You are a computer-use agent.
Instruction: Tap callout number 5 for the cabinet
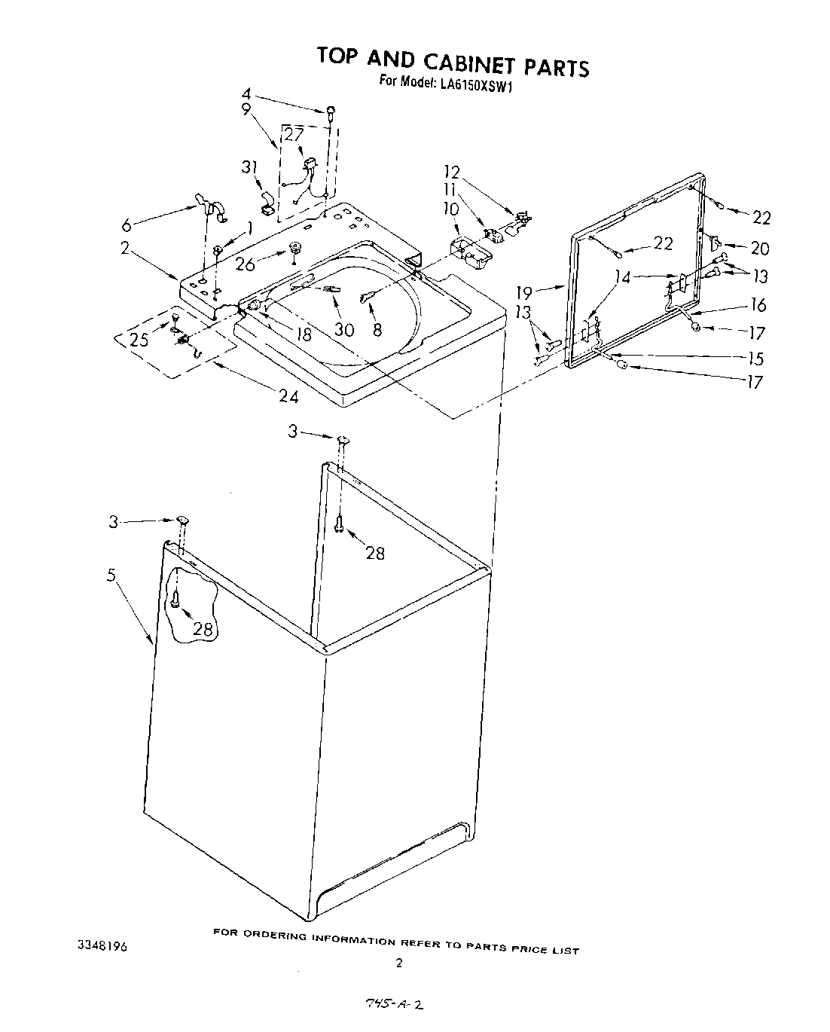111,576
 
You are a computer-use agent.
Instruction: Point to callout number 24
288,396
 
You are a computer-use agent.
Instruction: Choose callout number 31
250,167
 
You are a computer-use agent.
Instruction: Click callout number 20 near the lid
759,248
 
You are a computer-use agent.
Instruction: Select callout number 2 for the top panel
125,248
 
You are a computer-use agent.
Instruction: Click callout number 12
452,173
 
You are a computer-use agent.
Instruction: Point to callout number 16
758,305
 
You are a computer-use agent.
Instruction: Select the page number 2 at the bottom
400,963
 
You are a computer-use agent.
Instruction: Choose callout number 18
304,334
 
